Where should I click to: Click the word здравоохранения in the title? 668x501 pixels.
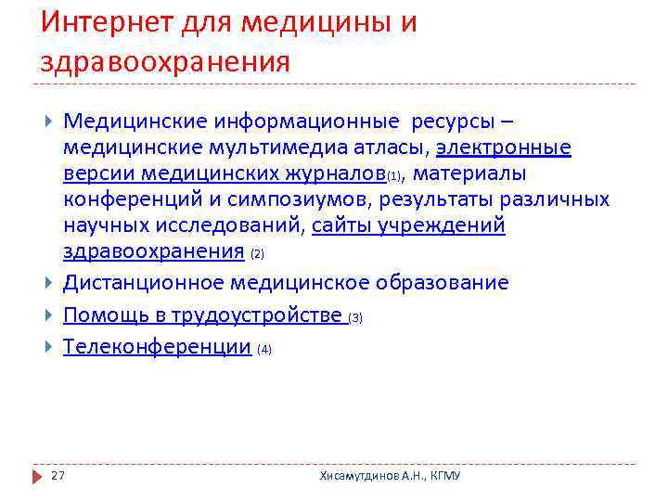[x=165, y=62]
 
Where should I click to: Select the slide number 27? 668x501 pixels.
[x=58, y=475]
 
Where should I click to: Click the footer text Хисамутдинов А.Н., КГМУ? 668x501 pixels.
[x=390, y=475]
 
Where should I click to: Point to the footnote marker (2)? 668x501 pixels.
[x=257, y=253]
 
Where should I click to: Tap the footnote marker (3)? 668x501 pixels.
[x=355, y=317]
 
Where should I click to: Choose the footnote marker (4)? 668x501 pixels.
[x=264, y=350]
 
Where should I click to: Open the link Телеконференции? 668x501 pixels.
[x=157, y=347]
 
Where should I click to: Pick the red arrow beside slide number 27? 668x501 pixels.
[x=37, y=475]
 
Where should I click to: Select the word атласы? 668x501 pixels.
[x=386, y=148]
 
